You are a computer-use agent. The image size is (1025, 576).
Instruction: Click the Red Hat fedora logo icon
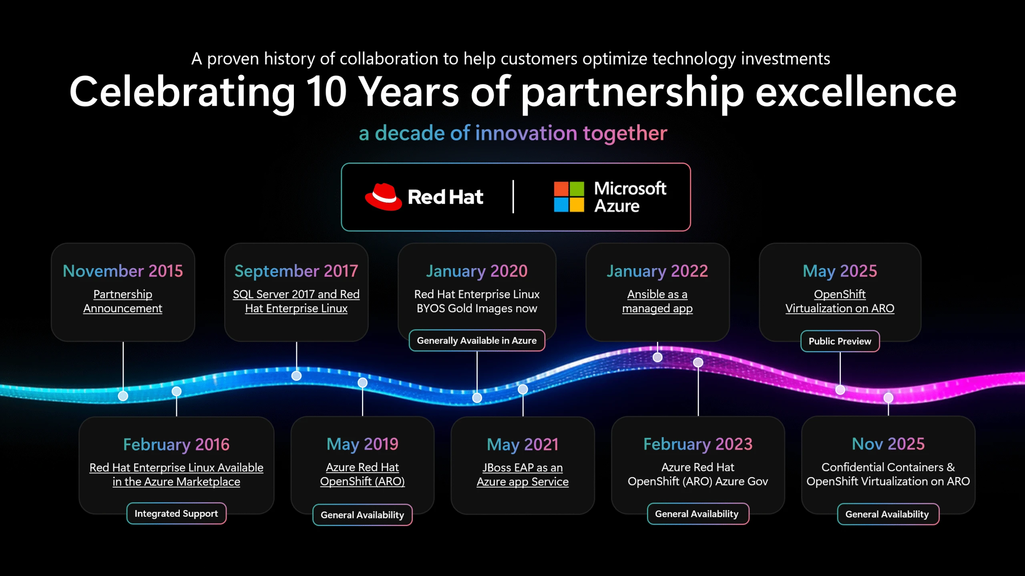click(383, 197)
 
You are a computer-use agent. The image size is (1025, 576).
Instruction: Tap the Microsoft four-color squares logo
click(569, 197)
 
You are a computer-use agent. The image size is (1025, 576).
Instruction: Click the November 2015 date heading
click(123, 271)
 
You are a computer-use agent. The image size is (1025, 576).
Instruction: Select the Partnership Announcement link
click(123, 301)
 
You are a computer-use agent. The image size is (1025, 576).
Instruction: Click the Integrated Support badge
click(176, 513)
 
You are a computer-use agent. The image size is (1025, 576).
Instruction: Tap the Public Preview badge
click(840, 341)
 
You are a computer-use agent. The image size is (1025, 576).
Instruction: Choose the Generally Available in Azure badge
click(476, 340)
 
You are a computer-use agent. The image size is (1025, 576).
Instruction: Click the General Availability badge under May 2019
click(362, 515)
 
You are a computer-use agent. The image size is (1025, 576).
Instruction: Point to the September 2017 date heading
click(296, 271)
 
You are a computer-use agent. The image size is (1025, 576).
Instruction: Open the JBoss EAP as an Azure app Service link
click(523, 474)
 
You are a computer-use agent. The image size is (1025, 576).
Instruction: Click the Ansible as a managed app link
click(657, 301)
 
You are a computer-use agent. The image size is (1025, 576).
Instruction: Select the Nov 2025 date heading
click(888, 444)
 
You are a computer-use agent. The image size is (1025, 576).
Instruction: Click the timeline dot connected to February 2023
click(698, 362)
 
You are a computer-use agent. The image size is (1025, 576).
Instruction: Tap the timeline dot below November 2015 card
click(123, 396)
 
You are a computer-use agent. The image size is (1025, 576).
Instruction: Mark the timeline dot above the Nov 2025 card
click(888, 397)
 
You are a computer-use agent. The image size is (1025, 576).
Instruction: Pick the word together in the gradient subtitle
click(625, 133)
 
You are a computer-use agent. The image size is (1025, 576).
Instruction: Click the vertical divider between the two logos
click(513, 197)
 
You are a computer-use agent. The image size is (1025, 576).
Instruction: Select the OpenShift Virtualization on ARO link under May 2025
click(840, 301)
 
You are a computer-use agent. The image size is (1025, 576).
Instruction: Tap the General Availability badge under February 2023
click(697, 514)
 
